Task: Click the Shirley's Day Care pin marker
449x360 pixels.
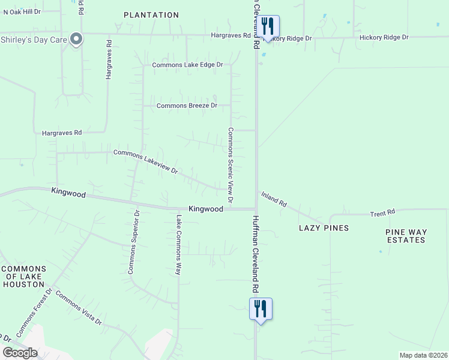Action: [x=76, y=40]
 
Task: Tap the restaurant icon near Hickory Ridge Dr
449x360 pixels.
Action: [x=268, y=26]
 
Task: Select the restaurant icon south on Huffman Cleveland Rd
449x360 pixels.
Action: [x=261, y=309]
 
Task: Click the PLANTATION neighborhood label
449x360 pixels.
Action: [x=151, y=15]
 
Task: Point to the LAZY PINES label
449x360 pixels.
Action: [x=324, y=229]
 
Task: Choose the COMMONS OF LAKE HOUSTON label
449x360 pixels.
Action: [x=24, y=276]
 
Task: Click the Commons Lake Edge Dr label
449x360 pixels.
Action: [x=187, y=65]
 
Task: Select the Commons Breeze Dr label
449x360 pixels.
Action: [x=186, y=106]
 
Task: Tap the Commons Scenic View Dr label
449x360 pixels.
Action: [x=230, y=164]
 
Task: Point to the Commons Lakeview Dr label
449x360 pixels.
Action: [x=146, y=162]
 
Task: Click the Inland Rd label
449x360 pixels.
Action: [x=274, y=199]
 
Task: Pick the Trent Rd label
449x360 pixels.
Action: [x=382, y=212]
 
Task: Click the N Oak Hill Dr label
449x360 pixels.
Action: [x=20, y=11]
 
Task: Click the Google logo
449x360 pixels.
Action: [x=19, y=353]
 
